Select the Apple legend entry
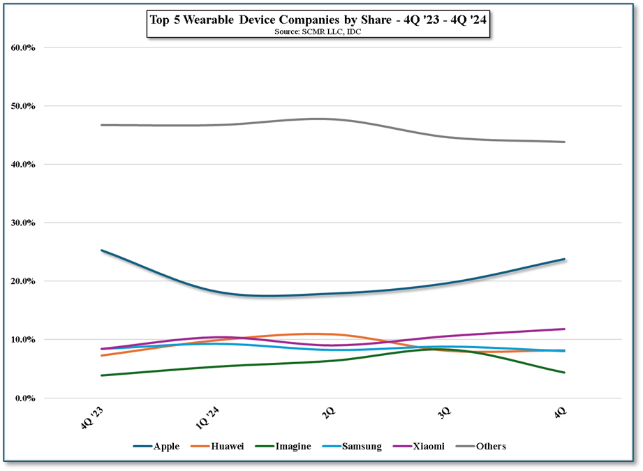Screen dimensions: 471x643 point(156,447)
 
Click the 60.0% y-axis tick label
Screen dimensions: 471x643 point(24,47)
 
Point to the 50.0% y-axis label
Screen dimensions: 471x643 point(24,106)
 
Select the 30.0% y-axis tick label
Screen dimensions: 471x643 point(24,223)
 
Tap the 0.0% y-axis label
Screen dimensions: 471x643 point(26,398)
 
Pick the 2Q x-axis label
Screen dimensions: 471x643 point(328,412)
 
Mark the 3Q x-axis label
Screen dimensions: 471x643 point(443,412)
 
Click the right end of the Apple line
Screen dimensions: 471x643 point(564,259)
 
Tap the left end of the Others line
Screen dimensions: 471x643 point(102,125)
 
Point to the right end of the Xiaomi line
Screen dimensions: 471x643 point(564,329)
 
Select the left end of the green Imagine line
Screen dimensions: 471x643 point(102,375)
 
